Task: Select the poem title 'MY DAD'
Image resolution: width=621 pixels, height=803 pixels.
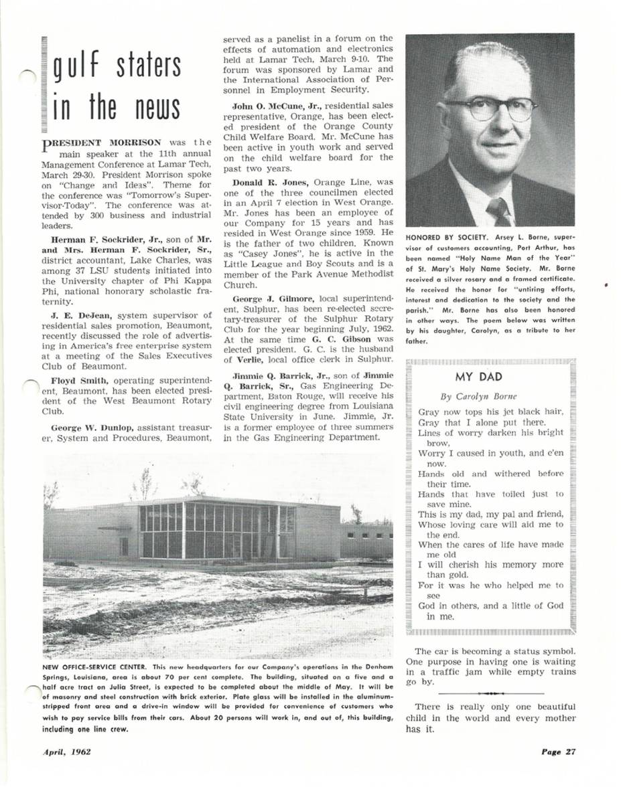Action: click(478, 377)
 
